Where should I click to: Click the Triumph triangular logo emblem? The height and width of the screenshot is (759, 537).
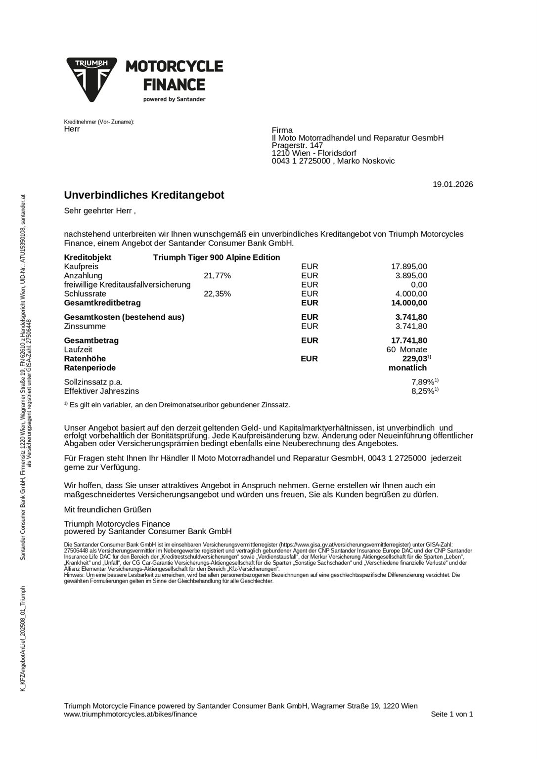[x=91, y=79]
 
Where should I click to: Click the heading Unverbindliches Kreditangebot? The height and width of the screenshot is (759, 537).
[x=144, y=195]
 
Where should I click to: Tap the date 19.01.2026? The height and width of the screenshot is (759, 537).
[x=452, y=185]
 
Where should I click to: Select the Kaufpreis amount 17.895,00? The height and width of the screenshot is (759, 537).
[x=409, y=267]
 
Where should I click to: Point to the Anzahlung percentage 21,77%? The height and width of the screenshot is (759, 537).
[x=217, y=276]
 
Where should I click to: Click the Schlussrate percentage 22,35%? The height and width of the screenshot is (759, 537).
[x=217, y=294]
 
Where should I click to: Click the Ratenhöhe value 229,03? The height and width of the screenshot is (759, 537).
[x=414, y=359]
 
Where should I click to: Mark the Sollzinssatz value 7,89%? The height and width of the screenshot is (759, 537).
[x=423, y=382]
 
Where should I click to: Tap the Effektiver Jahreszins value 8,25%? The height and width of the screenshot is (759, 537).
[x=423, y=391]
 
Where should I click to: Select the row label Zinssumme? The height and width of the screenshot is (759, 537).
[x=85, y=326]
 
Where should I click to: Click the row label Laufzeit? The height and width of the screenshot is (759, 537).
[x=78, y=350]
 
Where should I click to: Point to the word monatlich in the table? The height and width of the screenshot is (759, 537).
[x=407, y=368]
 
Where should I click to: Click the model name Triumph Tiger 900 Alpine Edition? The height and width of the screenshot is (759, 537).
[x=217, y=257]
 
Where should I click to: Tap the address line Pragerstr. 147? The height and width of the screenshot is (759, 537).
[x=297, y=146]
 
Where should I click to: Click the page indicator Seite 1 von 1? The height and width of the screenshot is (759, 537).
[x=451, y=714]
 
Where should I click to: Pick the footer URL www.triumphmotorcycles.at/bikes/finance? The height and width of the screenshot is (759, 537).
[x=131, y=714]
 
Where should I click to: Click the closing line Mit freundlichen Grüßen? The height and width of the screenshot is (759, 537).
[x=107, y=509]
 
